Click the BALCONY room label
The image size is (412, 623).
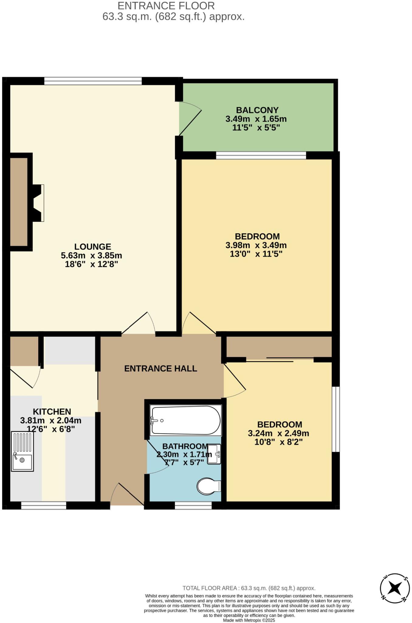257,110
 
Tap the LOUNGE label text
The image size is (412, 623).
93,246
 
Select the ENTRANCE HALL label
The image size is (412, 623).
161,369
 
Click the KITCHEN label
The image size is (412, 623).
52,412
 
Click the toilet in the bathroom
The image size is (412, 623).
208,486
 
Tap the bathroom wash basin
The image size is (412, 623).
214,454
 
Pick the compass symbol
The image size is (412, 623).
395,588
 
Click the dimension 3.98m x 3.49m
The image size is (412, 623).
256,245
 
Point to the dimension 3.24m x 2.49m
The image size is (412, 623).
279,433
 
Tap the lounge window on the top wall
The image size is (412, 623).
93,81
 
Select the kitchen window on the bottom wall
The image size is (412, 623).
44,505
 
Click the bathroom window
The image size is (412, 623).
193,505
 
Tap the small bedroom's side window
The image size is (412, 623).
335,419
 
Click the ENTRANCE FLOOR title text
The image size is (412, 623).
166,6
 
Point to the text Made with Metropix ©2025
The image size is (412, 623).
249,620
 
